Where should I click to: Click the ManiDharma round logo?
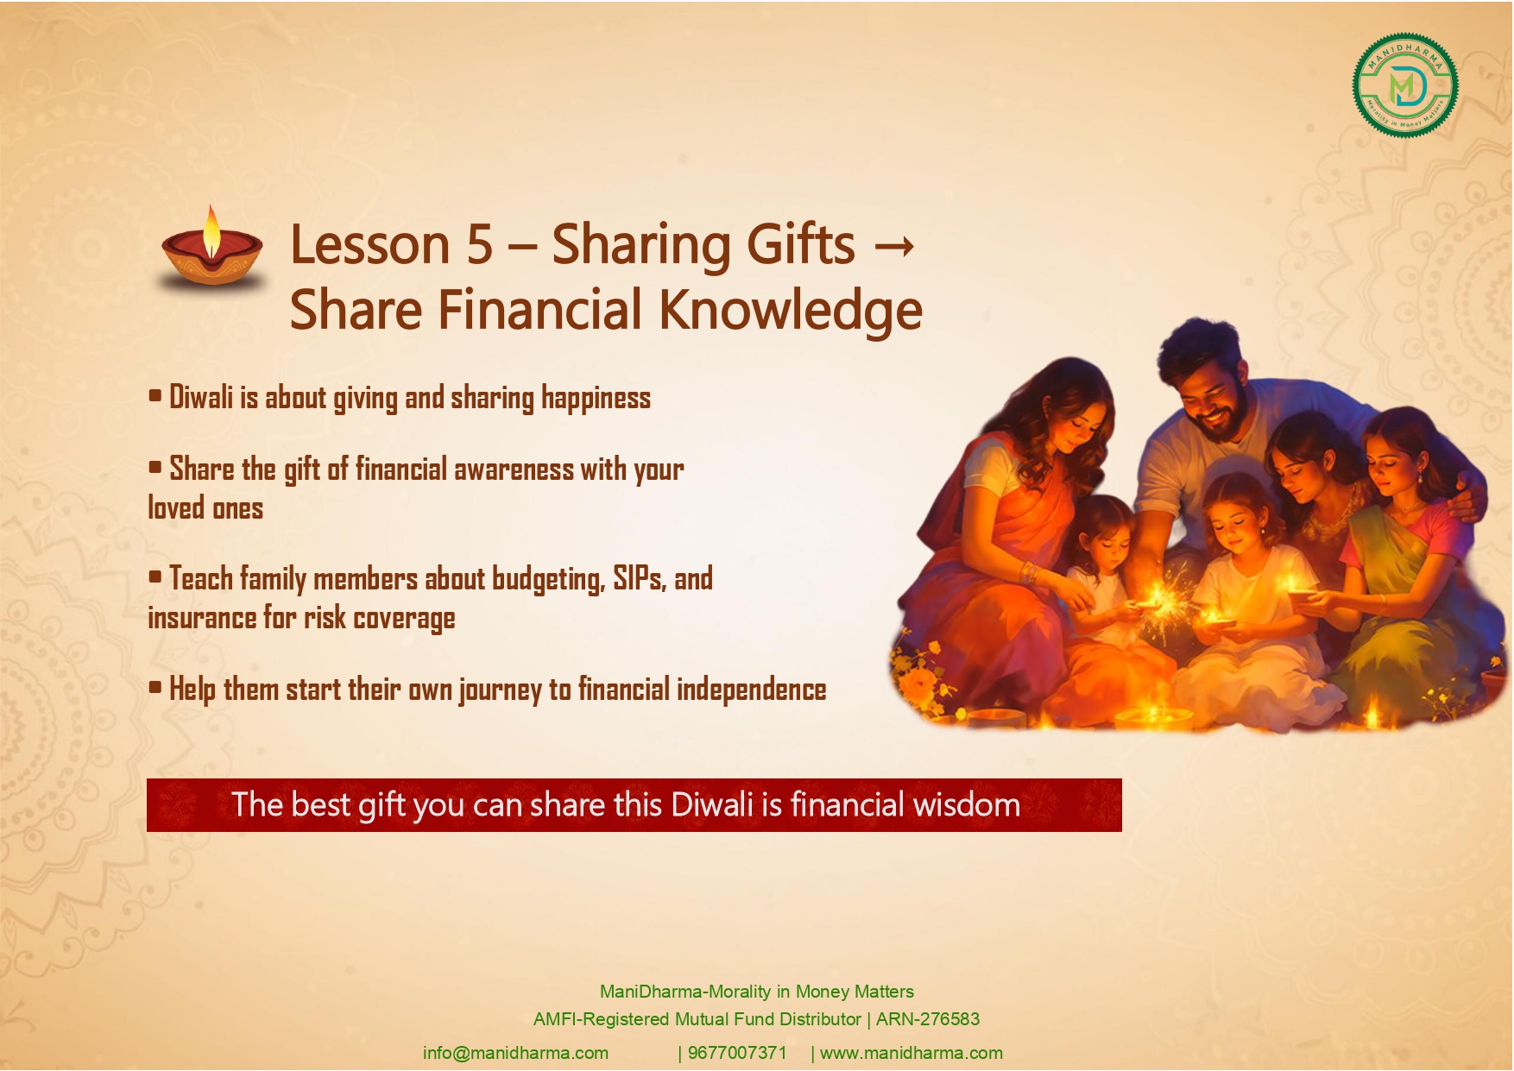[1405, 85]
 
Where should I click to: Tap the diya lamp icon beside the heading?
[212, 249]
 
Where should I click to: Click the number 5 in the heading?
[479, 244]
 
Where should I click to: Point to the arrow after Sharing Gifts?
[894, 247]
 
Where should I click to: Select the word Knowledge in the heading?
[791, 311]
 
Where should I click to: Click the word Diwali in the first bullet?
[201, 398]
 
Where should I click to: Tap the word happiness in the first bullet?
[596, 398]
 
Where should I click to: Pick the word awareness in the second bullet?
[514, 469]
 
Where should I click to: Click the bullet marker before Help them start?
[155, 688]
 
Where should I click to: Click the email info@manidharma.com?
[515, 1053]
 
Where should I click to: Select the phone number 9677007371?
[737, 1053]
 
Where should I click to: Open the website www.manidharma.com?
[911, 1053]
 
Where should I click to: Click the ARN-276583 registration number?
[928, 1019]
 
